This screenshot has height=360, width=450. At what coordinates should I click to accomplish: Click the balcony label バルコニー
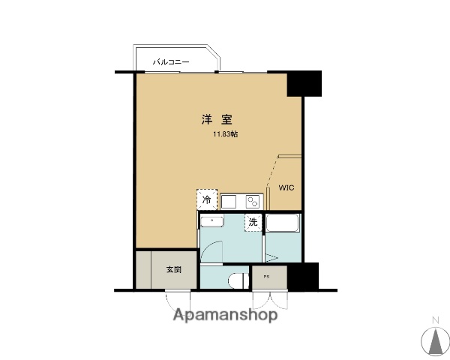click(172, 61)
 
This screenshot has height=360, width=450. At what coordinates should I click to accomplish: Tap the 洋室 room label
click(216, 118)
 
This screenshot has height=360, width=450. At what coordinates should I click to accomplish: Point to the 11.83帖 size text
click(225, 135)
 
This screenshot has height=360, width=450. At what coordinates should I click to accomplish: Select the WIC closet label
click(287, 187)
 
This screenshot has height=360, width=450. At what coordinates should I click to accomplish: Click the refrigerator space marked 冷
click(207, 199)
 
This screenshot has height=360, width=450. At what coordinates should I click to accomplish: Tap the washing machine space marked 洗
click(253, 222)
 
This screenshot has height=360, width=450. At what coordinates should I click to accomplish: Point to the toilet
click(238, 280)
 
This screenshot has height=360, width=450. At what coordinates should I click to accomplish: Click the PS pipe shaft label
click(266, 277)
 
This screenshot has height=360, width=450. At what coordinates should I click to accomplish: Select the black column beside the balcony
click(304, 83)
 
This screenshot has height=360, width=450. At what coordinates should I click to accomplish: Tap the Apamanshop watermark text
click(225, 315)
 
